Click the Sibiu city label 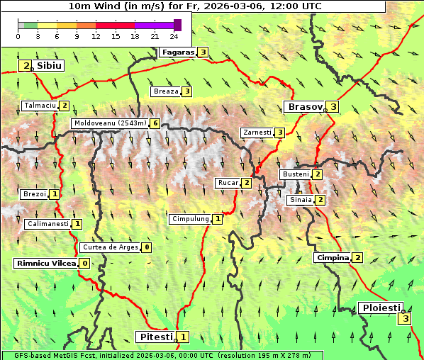50,65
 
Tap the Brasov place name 303,107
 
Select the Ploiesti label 381,308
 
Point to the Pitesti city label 155,337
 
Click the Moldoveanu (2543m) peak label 110,123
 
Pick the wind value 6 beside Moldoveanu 155,123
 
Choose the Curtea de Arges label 109,247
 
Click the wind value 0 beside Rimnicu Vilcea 84,264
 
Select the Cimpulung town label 190,219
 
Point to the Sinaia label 299,200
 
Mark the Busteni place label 295,174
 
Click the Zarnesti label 257,133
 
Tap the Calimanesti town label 48,224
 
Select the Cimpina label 333,258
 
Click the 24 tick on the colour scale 174,36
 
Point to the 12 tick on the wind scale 96,36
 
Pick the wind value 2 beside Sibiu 26,66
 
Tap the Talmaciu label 40,106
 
